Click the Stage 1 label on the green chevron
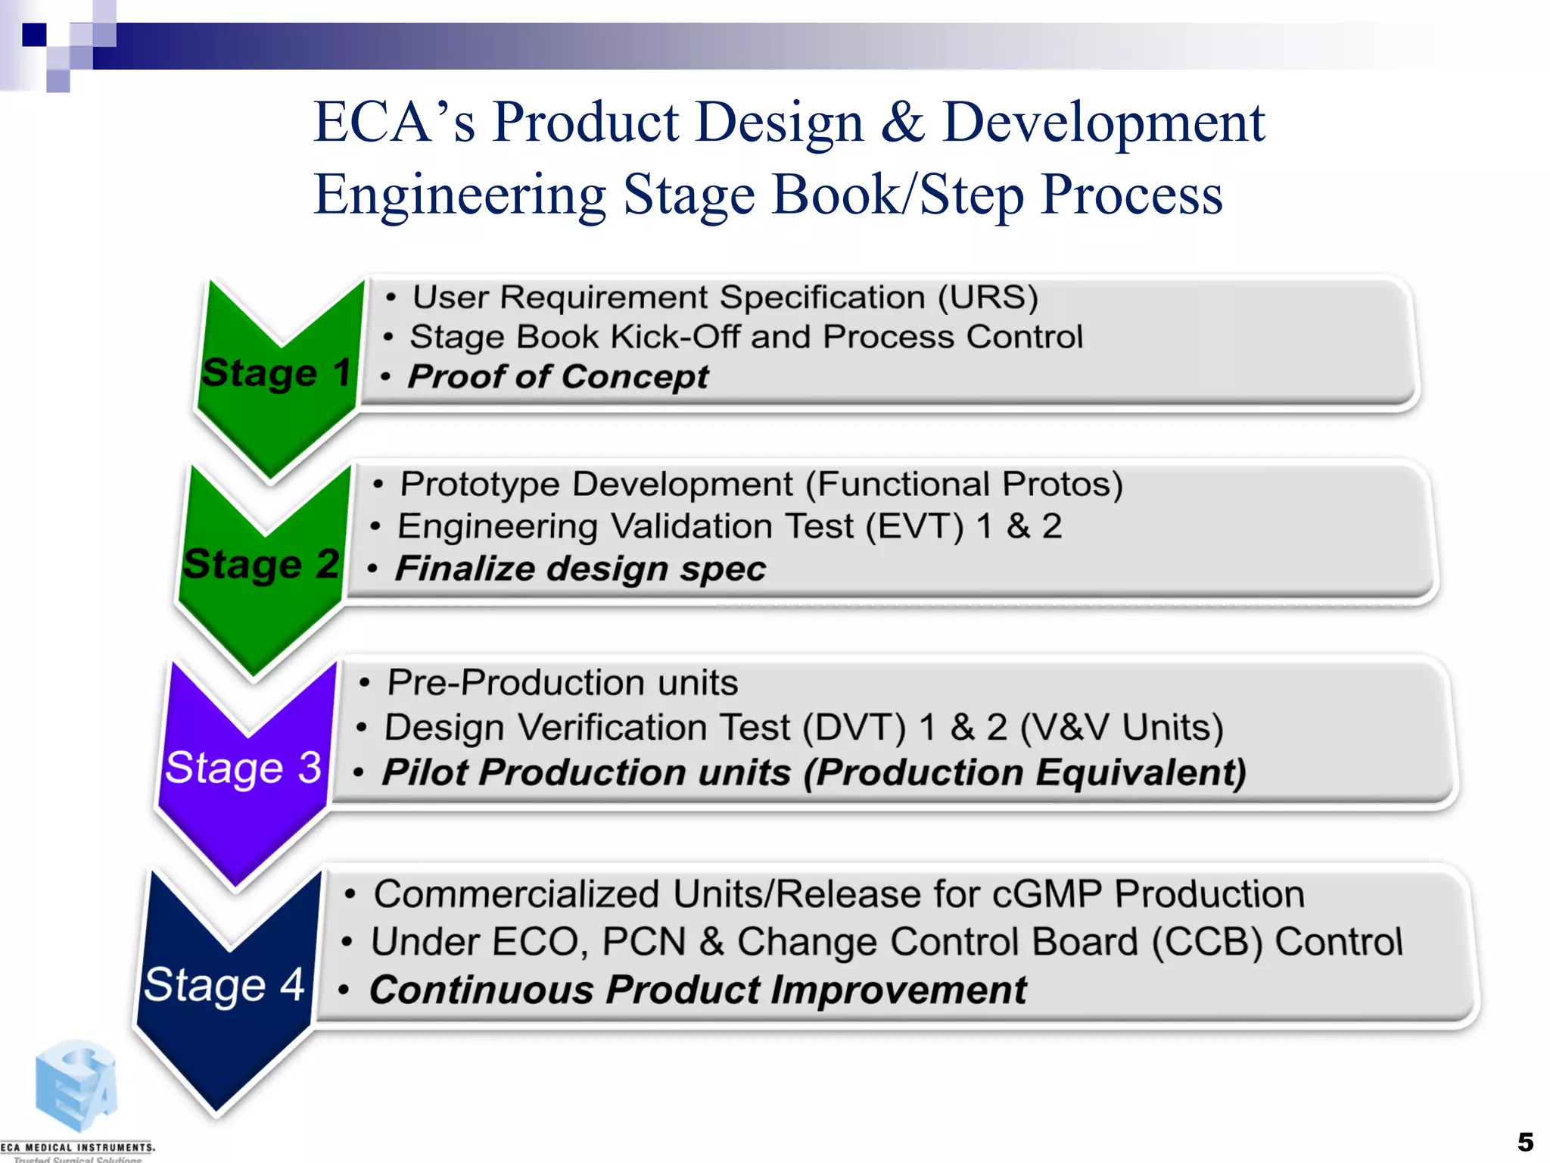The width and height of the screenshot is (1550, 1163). click(x=276, y=373)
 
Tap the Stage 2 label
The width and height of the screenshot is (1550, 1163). click(x=261, y=564)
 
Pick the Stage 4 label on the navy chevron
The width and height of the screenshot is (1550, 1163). click(x=224, y=984)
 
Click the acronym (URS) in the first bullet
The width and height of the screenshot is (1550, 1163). click(x=988, y=297)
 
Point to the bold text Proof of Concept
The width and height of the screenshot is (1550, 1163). click(x=558, y=376)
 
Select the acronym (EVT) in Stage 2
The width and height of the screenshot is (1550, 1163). click(x=914, y=526)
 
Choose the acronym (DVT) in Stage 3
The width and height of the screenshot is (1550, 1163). click(x=854, y=728)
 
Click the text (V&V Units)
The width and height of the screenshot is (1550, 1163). click(x=1121, y=728)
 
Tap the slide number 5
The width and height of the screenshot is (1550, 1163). click(x=1525, y=1141)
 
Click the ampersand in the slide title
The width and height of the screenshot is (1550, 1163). click(x=902, y=123)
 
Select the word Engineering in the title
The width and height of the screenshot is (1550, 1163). click(x=459, y=195)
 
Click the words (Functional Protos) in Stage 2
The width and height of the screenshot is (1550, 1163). click(x=963, y=485)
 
